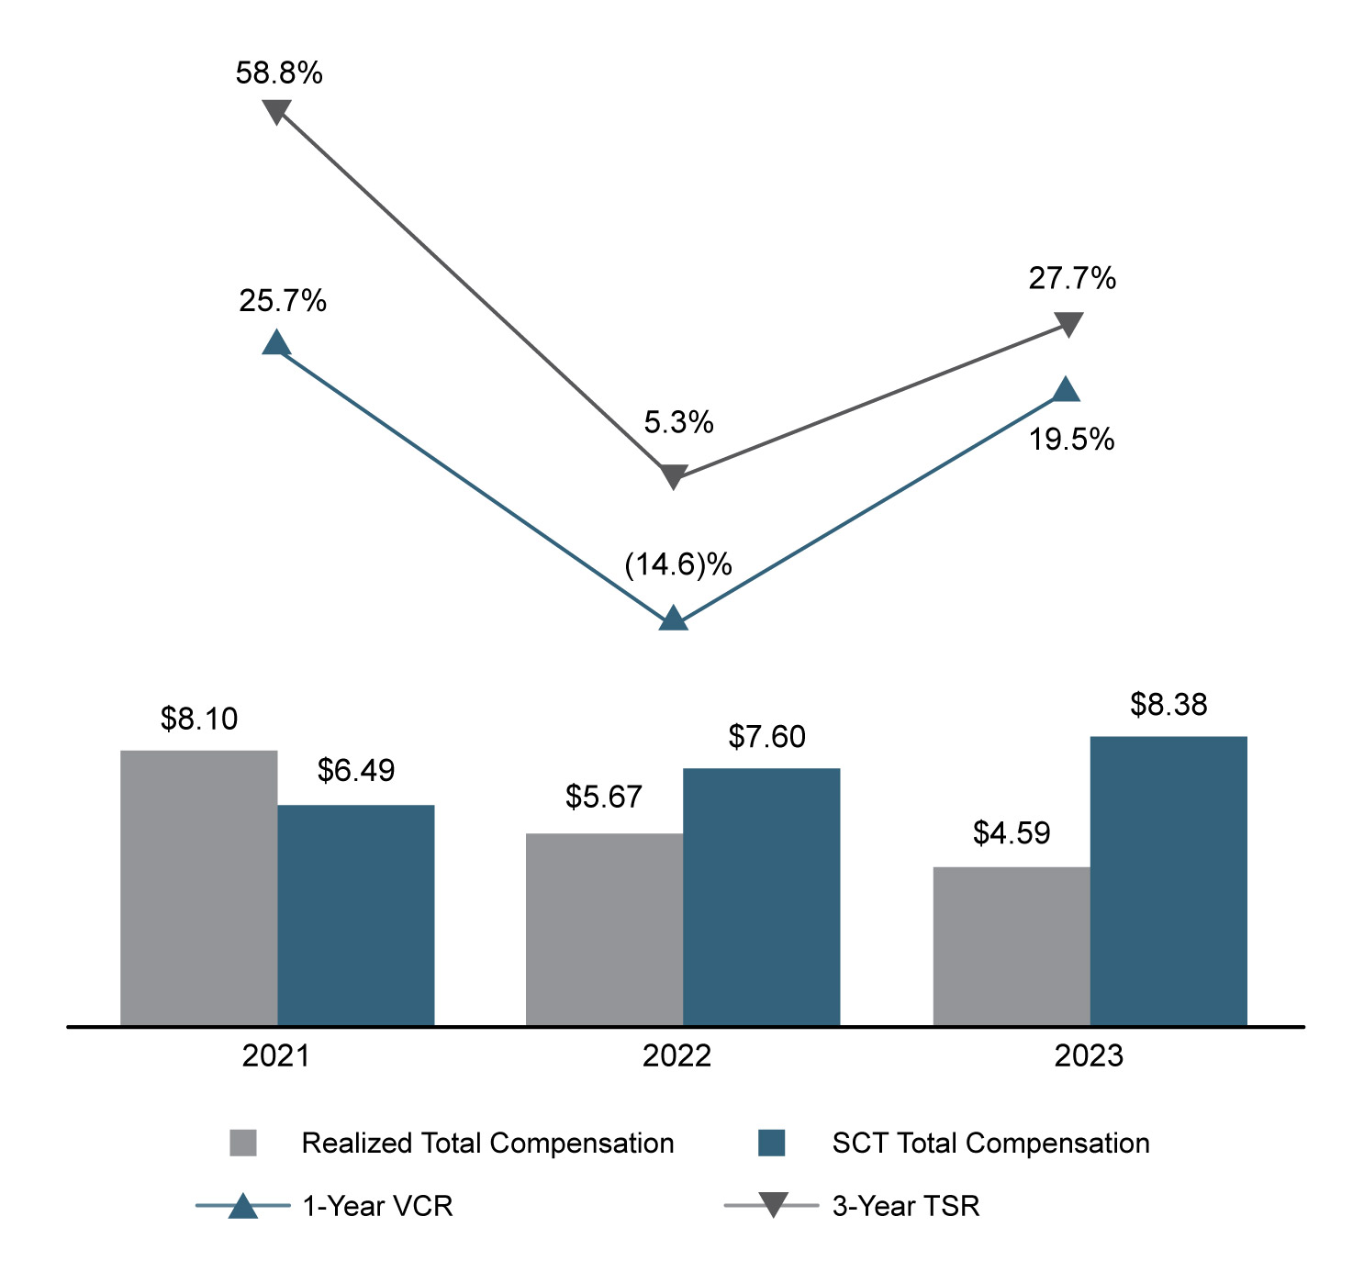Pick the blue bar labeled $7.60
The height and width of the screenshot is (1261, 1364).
(761, 896)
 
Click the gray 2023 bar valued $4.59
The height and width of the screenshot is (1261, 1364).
(1011, 945)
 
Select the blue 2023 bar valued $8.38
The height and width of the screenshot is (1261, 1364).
(1168, 880)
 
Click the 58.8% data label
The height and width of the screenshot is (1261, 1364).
(279, 73)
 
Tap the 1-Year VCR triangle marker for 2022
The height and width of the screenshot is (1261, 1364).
(673, 619)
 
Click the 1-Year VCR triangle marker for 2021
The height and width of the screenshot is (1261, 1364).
(276, 343)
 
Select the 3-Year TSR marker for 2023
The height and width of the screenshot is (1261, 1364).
(1068, 324)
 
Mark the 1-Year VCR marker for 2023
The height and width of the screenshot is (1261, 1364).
(1065, 390)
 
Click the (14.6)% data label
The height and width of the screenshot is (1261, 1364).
(677, 564)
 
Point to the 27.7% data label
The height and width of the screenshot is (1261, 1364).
(1071, 278)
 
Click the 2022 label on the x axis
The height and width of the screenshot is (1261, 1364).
(676, 1056)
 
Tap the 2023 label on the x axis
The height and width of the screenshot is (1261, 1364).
(1088, 1056)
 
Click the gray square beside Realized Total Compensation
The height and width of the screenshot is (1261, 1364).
(243, 1143)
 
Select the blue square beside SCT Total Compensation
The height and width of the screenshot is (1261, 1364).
(771, 1143)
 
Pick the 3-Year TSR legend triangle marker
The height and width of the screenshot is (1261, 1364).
(772, 1204)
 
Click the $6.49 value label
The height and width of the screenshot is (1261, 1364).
(356, 770)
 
